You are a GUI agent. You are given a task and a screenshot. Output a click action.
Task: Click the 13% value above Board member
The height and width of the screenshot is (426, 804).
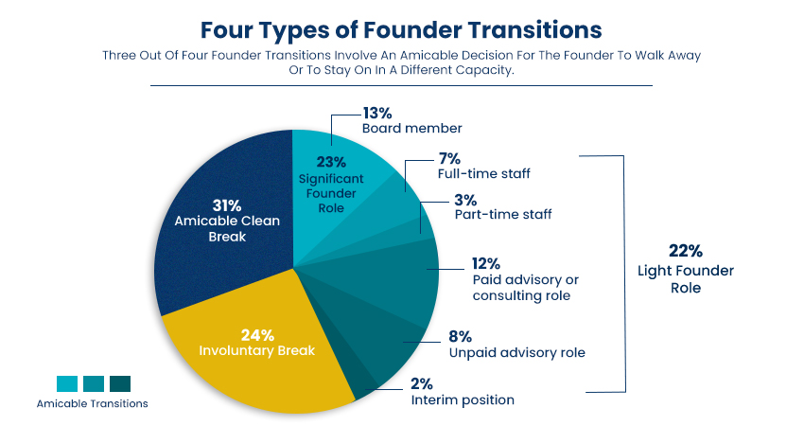click(377, 112)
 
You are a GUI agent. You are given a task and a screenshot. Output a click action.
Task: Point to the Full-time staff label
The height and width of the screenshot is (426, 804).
click(483, 174)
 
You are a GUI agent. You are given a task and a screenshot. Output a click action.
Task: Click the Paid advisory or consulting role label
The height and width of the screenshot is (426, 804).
click(525, 288)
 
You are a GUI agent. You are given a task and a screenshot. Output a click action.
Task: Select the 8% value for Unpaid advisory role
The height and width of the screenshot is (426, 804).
click(461, 336)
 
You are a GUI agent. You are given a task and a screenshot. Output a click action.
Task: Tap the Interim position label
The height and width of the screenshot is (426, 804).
click(463, 399)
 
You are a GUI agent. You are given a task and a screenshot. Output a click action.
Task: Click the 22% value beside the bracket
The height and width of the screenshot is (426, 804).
click(687, 252)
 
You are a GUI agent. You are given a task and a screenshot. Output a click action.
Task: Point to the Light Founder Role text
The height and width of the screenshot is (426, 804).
click(687, 279)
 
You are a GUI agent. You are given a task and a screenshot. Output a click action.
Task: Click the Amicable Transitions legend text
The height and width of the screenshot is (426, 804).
click(92, 403)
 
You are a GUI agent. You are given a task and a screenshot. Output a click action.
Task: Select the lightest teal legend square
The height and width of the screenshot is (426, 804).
click(67, 383)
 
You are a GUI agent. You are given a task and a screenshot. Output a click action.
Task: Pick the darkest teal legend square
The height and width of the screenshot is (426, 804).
click(120, 383)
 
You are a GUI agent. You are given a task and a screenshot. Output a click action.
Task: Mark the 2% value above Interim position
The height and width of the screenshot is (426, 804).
click(423, 383)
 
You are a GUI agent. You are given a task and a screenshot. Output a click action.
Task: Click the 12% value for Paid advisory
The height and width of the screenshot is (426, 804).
click(486, 263)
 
